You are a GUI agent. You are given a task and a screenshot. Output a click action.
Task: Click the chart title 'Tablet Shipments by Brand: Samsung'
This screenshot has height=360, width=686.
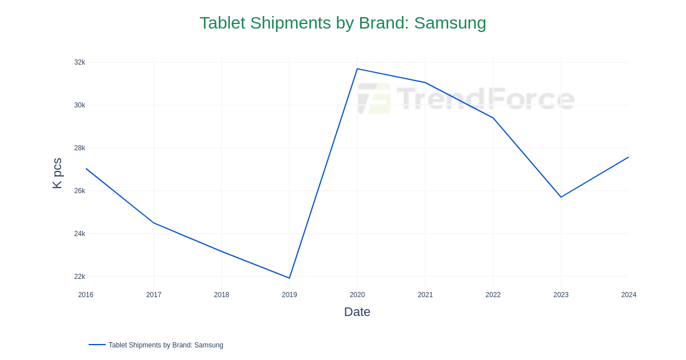click(342, 23)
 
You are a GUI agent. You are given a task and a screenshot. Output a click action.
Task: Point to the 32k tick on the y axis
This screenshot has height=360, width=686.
click(79, 62)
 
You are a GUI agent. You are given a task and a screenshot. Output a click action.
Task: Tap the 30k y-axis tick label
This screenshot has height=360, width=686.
click(79, 105)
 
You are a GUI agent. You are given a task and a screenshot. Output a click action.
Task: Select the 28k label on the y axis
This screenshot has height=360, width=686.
click(79, 148)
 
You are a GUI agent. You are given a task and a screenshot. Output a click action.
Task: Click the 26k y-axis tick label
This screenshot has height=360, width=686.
click(79, 191)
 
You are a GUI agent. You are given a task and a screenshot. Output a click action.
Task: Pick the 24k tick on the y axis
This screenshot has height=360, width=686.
click(79, 234)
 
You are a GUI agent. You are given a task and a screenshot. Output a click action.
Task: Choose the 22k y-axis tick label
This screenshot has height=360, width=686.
click(79, 277)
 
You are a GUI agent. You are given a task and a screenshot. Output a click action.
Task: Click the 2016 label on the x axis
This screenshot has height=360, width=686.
click(86, 295)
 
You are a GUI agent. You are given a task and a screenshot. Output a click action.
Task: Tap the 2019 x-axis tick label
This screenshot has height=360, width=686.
click(289, 295)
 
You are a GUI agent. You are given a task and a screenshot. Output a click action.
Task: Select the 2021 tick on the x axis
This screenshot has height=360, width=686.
click(425, 295)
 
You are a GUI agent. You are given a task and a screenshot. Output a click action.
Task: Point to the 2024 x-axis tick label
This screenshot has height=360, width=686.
click(628, 295)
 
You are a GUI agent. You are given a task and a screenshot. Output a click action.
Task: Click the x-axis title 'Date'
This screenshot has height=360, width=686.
click(357, 312)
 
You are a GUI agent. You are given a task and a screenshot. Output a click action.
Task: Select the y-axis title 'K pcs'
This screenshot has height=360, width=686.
click(57, 173)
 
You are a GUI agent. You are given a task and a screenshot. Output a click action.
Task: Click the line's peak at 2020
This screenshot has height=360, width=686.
click(357, 69)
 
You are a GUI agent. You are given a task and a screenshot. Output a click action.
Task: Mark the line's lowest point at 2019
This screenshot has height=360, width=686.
click(289, 278)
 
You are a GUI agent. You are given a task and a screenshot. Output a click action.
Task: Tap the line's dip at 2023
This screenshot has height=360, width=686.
click(561, 197)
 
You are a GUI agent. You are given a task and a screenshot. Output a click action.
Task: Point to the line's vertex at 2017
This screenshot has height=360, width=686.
click(154, 223)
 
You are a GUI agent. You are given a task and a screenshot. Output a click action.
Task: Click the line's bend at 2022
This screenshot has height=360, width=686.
click(493, 118)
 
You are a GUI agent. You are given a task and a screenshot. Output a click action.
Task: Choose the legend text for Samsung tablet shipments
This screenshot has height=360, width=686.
click(166, 345)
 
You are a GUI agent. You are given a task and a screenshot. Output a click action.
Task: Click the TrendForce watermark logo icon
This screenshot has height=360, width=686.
click(374, 99)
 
